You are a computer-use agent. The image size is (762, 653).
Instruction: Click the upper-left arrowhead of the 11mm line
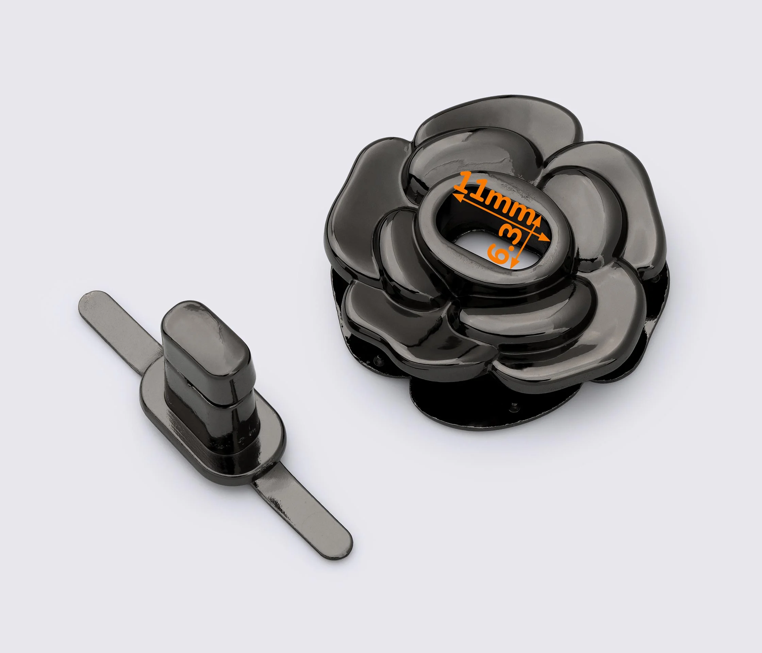pyautogui.click(x=458, y=198)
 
